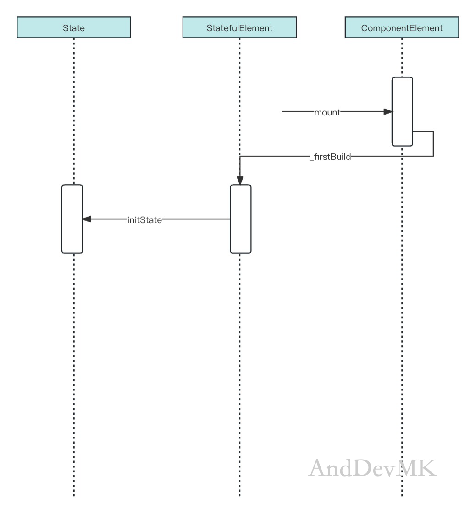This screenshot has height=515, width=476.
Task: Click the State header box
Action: click(x=74, y=27)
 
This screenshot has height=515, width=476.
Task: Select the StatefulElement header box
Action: click(x=239, y=27)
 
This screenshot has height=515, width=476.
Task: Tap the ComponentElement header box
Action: click(x=402, y=27)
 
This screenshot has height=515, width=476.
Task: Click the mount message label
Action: click(x=327, y=112)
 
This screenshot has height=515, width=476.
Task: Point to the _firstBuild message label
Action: click(x=330, y=157)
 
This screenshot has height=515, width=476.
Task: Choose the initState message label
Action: click(x=144, y=220)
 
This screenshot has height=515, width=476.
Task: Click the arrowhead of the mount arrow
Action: click(x=388, y=112)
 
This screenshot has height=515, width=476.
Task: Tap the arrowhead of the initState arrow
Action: click(x=87, y=219)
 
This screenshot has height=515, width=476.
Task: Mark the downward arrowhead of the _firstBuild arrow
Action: click(x=240, y=181)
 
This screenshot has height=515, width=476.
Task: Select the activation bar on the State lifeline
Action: click(x=72, y=219)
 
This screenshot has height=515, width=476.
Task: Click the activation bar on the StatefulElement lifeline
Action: click(x=241, y=219)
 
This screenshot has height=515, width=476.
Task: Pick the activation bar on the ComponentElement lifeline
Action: click(x=402, y=112)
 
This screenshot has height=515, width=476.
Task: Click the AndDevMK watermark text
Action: click(x=372, y=468)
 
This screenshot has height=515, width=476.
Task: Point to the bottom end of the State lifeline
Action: click(x=74, y=496)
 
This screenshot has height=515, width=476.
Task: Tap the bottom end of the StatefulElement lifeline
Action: click(x=240, y=496)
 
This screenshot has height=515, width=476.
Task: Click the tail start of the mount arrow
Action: click(x=282, y=112)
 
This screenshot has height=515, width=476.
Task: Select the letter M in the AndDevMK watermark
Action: click(x=406, y=468)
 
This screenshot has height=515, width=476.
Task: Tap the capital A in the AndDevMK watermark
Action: click(x=318, y=468)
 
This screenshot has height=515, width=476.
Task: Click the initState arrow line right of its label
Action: click(x=196, y=219)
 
